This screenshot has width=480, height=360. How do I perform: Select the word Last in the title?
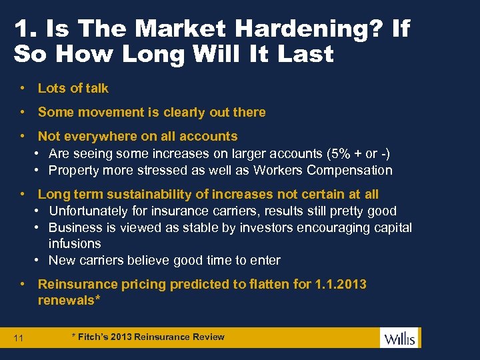pos(301,54)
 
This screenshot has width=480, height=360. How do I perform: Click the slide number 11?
pos(19,339)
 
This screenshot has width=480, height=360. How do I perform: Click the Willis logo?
pos(399,338)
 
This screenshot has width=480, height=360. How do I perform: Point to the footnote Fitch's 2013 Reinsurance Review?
pos(148,337)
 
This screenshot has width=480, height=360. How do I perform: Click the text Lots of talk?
pos(73,88)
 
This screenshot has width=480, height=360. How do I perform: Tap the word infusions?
pos(75,244)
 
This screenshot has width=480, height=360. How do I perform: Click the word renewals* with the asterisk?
pos(69,300)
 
